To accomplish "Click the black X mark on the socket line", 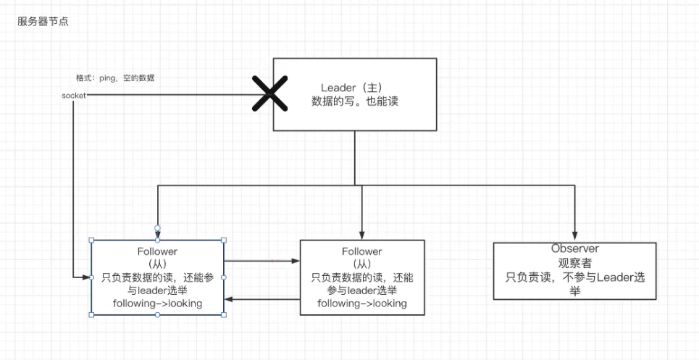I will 268,95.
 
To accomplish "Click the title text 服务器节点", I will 43,22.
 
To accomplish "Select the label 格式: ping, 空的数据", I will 115,78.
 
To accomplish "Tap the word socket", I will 74,96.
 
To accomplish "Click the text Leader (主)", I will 354,88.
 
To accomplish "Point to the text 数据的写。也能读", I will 354,102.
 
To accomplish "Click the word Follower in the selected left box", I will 157,251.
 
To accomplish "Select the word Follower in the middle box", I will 362,251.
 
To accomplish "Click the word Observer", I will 574,248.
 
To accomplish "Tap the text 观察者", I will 574,262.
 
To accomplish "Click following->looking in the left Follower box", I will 157,304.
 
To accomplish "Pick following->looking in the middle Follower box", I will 362,304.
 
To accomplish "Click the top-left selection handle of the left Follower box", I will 91,240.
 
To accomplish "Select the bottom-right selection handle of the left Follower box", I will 223,314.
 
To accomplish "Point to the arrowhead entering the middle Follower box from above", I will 361,235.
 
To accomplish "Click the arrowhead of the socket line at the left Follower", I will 87,277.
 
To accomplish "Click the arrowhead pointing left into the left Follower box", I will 228,298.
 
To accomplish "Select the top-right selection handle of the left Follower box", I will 223,240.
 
